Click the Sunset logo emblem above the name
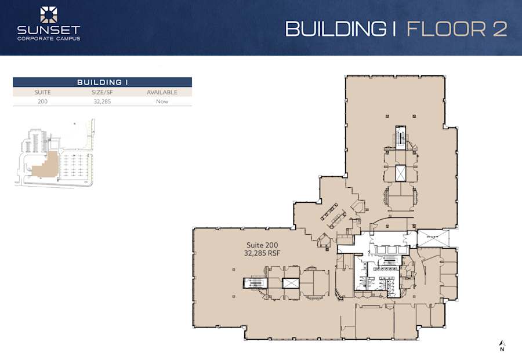pyautogui.click(x=48, y=15)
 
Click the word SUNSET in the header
pyautogui.click(x=48, y=30)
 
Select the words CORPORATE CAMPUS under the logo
pyautogui.click(x=48, y=39)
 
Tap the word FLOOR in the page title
pyautogui.click(x=445, y=28)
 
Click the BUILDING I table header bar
pyautogui.click(x=102, y=82)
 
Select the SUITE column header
pyautogui.click(x=42, y=92)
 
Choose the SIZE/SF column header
pyautogui.click(x=102, y=92)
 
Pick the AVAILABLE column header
pyautogui.click(x=162, y=92)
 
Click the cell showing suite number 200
pyautogui.click(x=42, y=101)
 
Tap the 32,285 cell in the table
pyautogui.click(x=102, y=101)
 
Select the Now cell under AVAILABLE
pyautogui.click(x=162, y=101)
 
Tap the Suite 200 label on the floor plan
pyautogui.click(x=260, y=245)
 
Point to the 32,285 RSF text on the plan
pyautogui.click(x=260, y=253)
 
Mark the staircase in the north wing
pyautogui.click(x=400, y=137)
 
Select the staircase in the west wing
pyautogui.click(x=253, y=283)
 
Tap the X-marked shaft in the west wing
pyautogui.click(x=289, y=283)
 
